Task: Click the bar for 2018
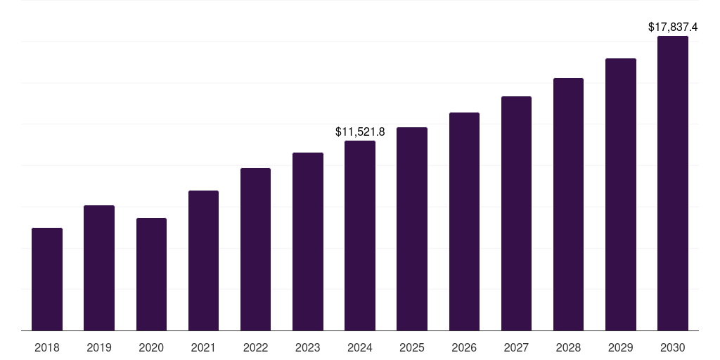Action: coord(47,279)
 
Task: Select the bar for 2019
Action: coord(99,268)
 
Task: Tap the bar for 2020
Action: coord(151,274)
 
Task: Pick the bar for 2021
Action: coord(203,260)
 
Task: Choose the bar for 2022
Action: coord(255,249)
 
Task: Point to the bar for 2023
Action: coord(308,241)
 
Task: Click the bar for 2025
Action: coord(412,229)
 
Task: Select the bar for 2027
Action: coord(516,213)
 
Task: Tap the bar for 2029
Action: coord(621,194)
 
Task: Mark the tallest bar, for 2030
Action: coord(673,183)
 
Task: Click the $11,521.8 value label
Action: coord(360,131)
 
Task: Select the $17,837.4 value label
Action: coord(673,27)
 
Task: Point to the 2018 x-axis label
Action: coord(47,347)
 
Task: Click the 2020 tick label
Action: coord(151,347)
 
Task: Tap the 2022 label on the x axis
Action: coord(255,347)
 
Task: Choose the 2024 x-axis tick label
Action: coord(360,347)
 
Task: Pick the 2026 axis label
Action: coord(464,347)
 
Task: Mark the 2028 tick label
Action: coord(568,347)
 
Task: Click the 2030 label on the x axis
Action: coord(673,347)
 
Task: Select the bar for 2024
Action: coord(360,236)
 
